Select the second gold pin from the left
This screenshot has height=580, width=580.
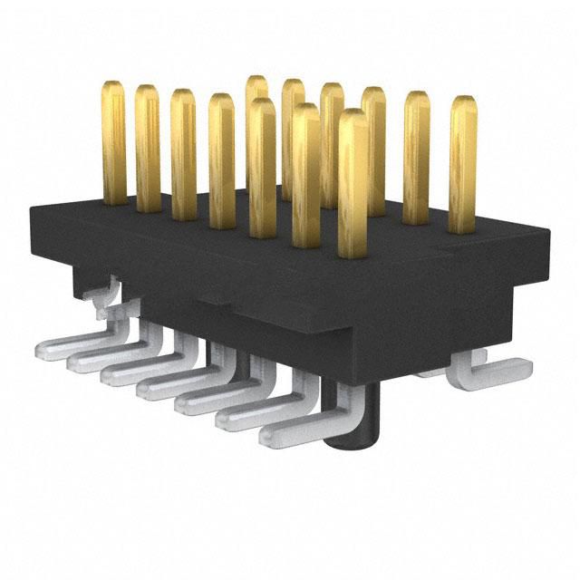click(147, 150)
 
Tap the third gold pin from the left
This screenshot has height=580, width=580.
click(183, 154)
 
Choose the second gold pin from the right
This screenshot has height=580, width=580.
click(417, 158)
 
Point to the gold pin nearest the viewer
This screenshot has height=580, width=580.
click(353, 181)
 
